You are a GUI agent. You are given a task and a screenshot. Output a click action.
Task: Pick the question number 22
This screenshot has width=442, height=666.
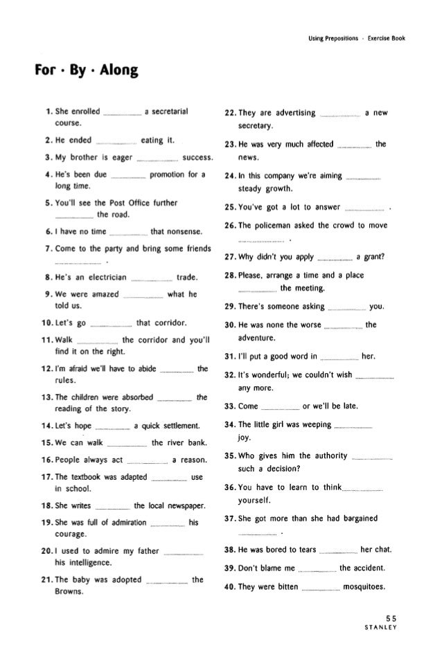232,113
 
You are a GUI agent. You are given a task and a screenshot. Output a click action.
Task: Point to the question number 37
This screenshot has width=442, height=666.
232,520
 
